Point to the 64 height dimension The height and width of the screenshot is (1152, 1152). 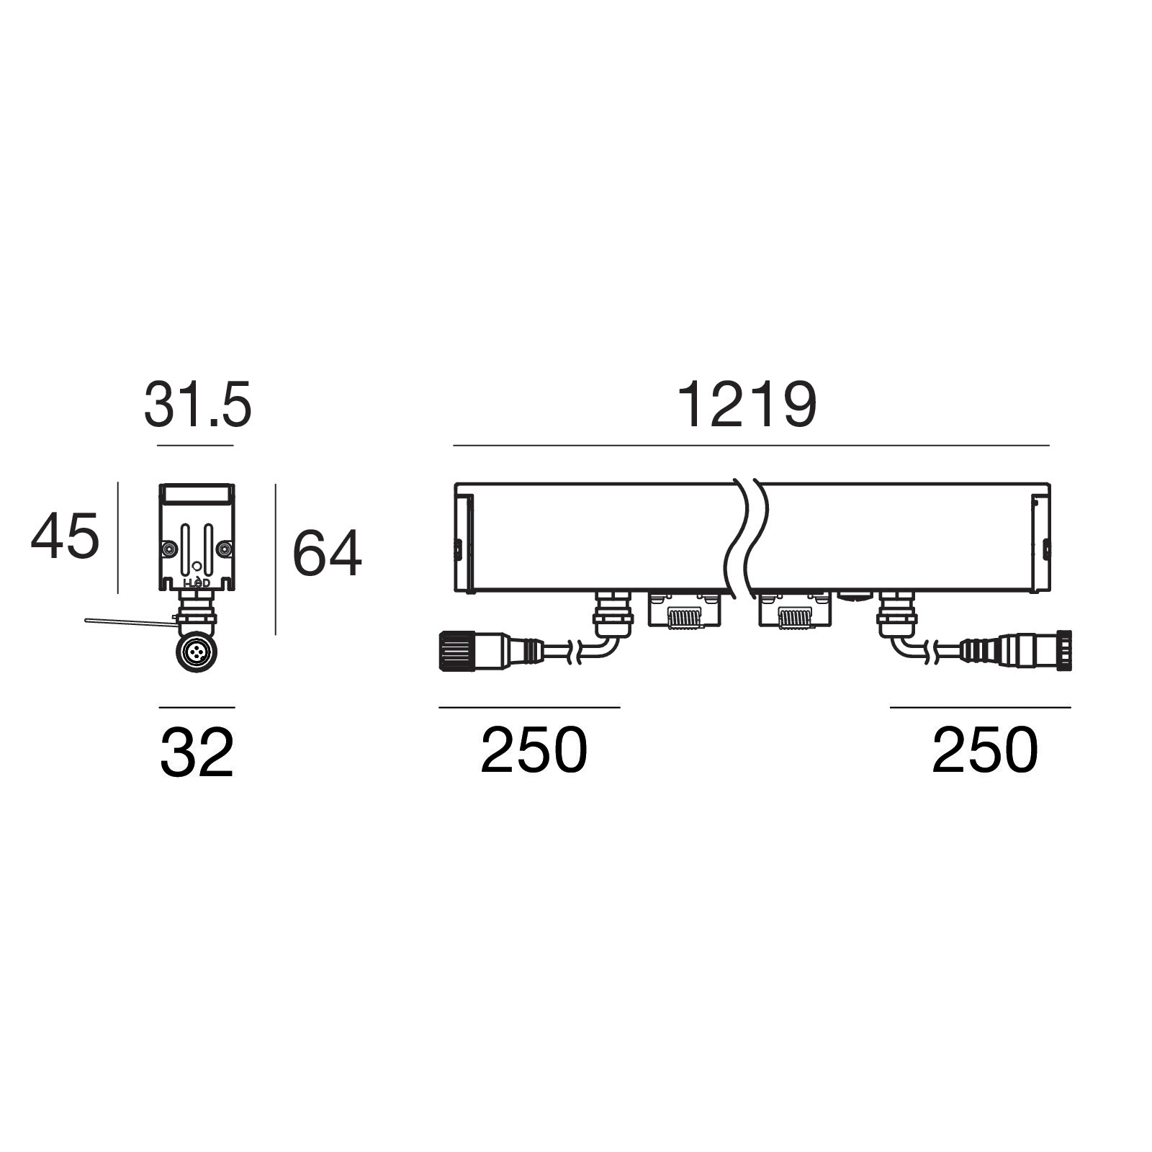(326, 553)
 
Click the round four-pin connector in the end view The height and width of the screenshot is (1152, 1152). (196, 652)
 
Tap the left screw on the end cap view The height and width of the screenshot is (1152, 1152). (168, 549)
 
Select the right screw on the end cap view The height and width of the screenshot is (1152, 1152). (224, 549)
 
